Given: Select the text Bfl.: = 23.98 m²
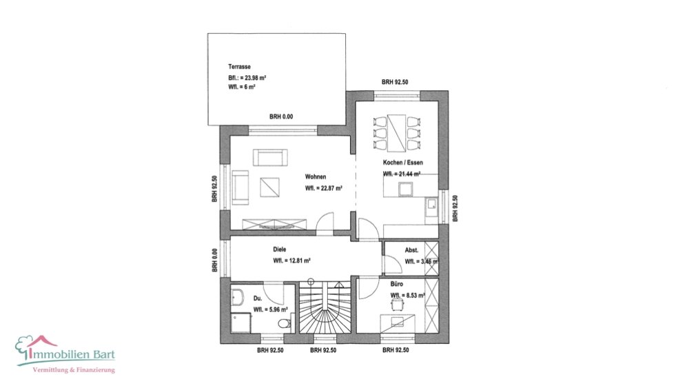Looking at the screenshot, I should coord(247,78).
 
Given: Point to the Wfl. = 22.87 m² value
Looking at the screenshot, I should coord(325,187).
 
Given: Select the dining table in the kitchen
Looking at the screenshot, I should coord(396,131).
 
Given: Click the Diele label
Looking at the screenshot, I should coord(279,249).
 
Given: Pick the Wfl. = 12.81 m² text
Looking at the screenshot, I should coord(291,261).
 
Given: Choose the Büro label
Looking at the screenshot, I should coord(398,283).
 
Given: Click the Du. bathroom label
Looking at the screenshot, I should coord(257,298).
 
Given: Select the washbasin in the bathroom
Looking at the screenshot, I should coord(238,298).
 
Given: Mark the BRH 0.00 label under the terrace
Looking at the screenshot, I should coord(281,117).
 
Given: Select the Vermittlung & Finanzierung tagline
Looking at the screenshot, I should coord(74,371).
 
